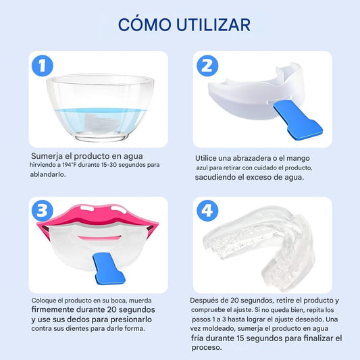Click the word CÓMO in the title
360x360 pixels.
pyautogui.click(x=145, y=24)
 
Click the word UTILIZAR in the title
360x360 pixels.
pyautogui.click(x=213, y=25)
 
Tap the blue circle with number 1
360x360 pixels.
pyautogui.click(x=43, y=66)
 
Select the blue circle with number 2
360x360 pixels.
pyautogui.click(x=207, y=66)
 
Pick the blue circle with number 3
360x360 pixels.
pyautogui.click(x=43, y=211)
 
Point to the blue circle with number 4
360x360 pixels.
pyautogui.click(x=207, y=211)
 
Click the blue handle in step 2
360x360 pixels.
pyautogui.click(x=298, y=120)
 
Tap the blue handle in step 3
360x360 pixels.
pyautogui.click(x=108, y=268)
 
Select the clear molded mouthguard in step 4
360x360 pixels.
pyautogui.click(x=258, y=243)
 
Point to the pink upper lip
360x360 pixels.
pyautogui.click(x=97, y=215)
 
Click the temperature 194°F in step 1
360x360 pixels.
pyautogui.click(x=69, y=165)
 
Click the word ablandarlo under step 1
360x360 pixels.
pyautogui.click(x=48, y=174)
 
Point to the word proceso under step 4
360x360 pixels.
pyautogui.click(x=207, y=348)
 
